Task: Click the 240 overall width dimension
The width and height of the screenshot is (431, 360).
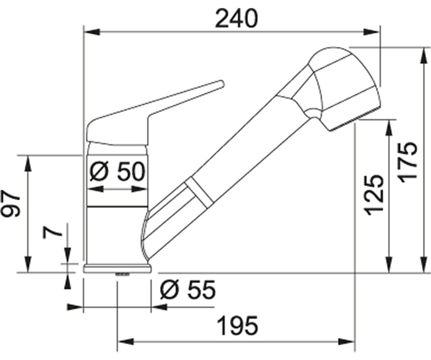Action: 237,19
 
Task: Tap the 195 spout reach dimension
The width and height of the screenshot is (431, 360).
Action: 238,326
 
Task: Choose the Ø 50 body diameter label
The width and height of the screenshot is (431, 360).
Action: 117,172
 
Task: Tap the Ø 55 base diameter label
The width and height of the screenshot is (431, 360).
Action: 188,290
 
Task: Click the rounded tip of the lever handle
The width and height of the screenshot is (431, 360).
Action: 221,84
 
